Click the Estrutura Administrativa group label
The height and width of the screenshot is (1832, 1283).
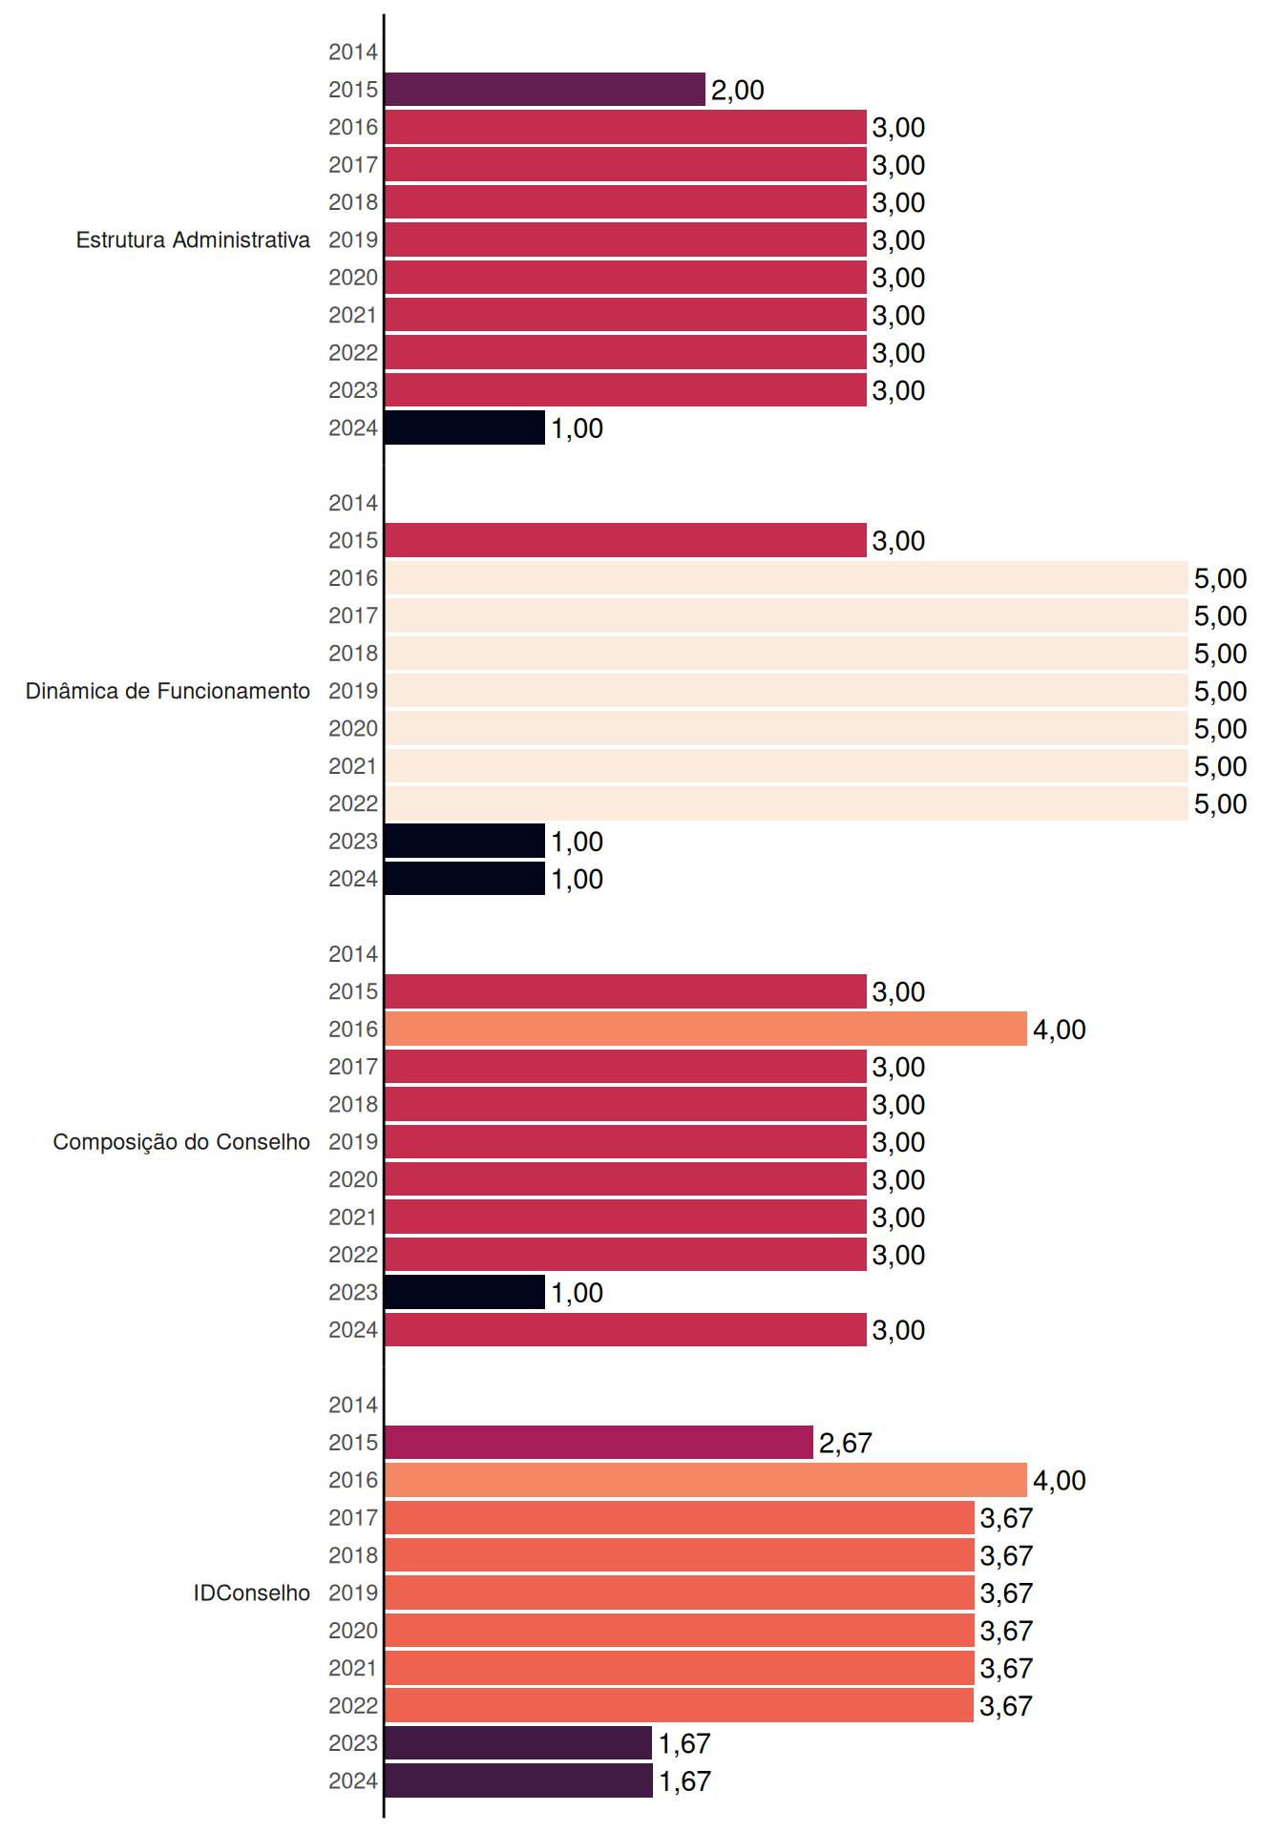(x=193, y=239)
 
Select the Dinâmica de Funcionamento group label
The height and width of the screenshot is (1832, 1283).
(x=168, y=691)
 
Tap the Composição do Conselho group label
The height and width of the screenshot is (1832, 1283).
(x=181, y=1142)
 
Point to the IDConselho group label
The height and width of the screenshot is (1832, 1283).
(x=252, y=1593)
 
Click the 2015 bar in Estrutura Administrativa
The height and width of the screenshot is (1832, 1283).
(x=545, y=90)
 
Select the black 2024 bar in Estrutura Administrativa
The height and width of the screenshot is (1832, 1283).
(x=465, y=427)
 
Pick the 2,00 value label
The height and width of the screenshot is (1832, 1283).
(x=738, y=91)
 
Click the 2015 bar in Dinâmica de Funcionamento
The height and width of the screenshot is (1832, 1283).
(x=625, y=540)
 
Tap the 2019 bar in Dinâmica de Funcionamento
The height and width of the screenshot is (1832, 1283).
(x=787, y=691)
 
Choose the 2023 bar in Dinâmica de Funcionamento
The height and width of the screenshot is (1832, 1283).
(x=465, y=841)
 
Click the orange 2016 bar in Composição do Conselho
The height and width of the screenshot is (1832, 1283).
(x=705, y=1029)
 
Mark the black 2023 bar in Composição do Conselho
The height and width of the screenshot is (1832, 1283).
(x=465, y=1292)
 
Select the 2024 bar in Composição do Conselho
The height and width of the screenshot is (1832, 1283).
(x=625, y=1329)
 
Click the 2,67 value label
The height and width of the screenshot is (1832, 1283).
(x=846, y=1443)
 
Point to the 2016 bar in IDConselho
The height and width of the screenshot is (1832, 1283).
(x=705, y=1480)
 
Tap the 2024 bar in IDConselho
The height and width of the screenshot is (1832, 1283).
(x=518, y=1780)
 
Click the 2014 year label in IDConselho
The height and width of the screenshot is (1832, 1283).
(x=353, y=1405)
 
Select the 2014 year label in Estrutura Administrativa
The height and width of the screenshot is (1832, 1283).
(x=353, y=52)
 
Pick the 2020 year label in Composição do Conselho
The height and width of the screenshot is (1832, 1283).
(x=353, y=1179)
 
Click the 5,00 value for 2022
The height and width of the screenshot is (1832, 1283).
(x=1221, y=804)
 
